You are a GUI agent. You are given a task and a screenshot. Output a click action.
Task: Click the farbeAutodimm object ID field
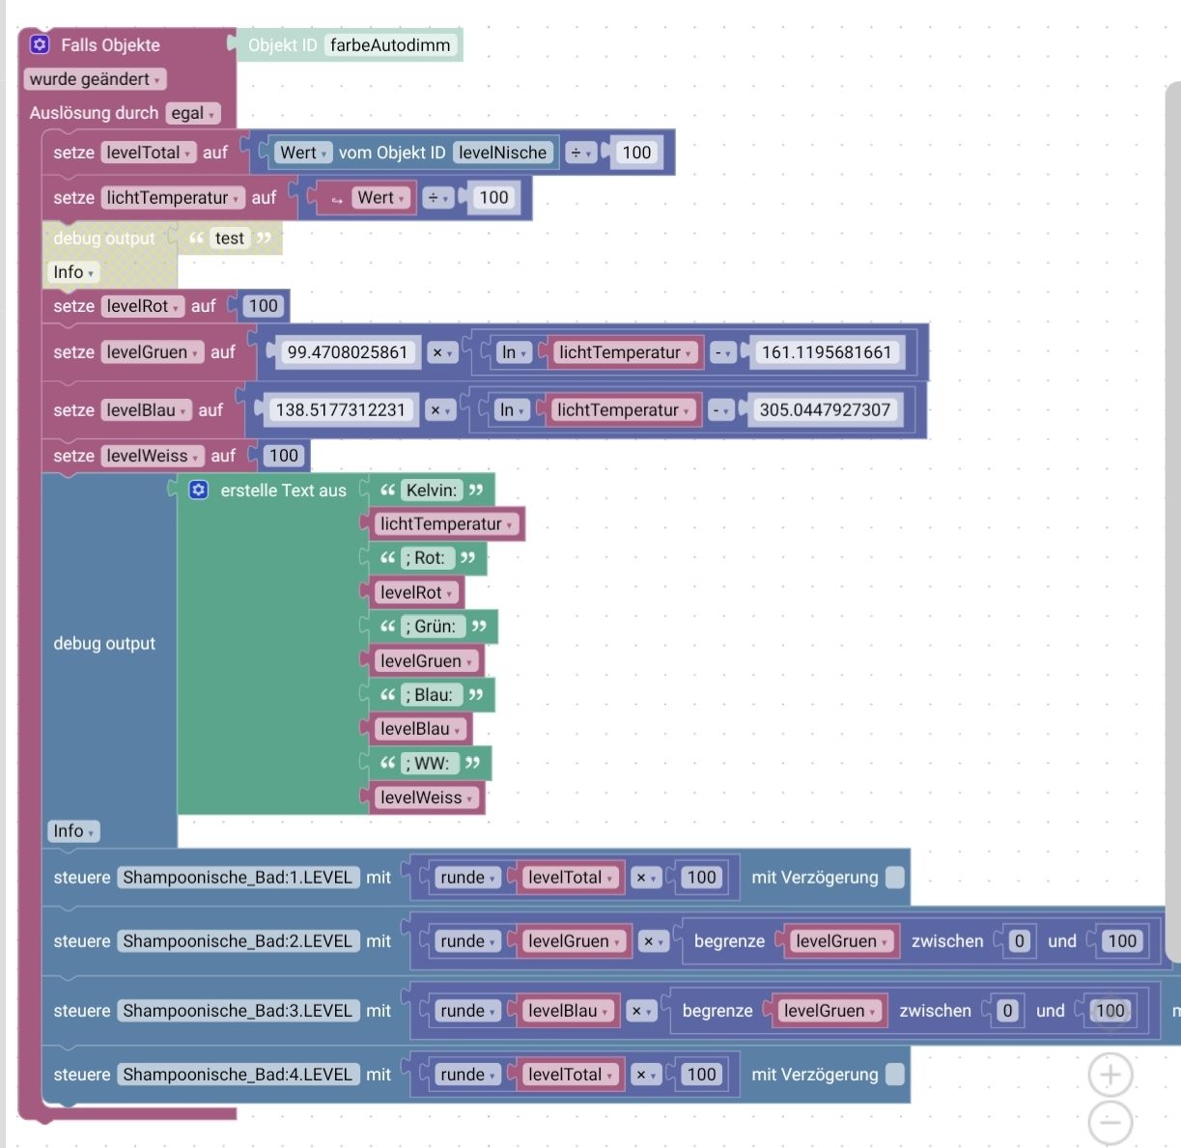point(389,45)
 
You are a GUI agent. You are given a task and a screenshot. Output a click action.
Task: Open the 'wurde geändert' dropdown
point(94,79)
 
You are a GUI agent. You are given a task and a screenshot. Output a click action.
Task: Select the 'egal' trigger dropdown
point(192,113)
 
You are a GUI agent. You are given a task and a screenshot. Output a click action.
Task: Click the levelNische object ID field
point(502,153)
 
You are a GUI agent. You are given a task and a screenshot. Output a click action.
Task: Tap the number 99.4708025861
point(347,352)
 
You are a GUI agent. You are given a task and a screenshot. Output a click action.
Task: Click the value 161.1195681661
point(826,352)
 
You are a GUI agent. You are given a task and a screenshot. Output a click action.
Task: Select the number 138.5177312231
point(340,410)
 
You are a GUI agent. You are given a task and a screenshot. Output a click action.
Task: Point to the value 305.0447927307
point(824,410)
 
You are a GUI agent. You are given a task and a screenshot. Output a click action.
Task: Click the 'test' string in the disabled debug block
point(230,238)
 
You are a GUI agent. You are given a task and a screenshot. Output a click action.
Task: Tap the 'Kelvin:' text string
point(431,490)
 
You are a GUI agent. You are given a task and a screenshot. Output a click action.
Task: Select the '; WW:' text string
point(427,764)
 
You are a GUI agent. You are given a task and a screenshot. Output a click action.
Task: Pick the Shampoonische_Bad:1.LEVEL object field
point(238,878)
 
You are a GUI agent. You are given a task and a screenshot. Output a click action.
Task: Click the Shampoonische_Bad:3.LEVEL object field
point(238,1011)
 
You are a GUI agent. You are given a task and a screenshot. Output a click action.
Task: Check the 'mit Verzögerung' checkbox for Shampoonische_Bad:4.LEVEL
point(895,1075)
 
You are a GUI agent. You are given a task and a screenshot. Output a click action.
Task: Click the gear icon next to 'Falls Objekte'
point(40,44)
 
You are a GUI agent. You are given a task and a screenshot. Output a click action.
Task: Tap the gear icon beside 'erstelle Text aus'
point(199,490)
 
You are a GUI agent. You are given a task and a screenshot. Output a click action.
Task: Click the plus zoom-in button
point(1111,1075)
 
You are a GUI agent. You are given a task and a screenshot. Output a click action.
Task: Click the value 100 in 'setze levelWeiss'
point(283,456)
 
